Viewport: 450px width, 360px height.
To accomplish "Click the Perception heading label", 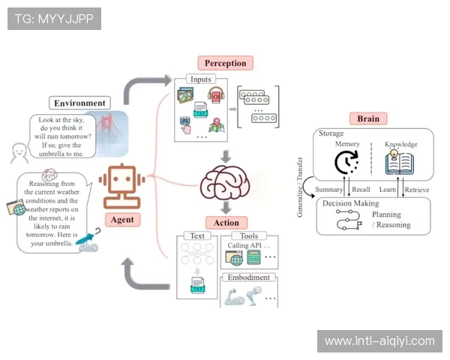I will pyautogui.click(x=226, y=63).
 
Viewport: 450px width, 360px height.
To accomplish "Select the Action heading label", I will pyautogui.click(x=226, y=222).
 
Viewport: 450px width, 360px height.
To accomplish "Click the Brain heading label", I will pyautogui.click(x=368, y=118).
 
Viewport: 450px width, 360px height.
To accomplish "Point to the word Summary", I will pyautogui.click(x=329, y=190).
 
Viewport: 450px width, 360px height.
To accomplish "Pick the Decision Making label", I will pyautogui.click(x=349, y=203).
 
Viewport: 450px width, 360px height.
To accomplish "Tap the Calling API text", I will pyautogui.click(x=247, y=245).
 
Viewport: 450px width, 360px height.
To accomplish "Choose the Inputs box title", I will pyautogui.click(x=202, y=79).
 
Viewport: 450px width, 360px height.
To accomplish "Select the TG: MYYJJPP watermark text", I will pyautogui.click(x=54, y=18).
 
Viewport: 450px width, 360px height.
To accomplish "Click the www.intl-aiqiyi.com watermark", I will pyautogui.click(x=379, y=341).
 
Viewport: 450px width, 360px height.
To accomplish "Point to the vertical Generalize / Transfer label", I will pyautogui.click(x=301, y=187).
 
